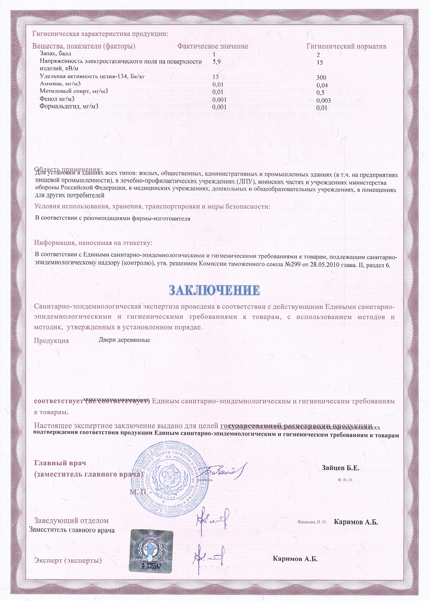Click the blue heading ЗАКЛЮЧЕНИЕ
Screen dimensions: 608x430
[214, 291]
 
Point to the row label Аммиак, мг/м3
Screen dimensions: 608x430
[60, 84]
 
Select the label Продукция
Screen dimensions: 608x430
[51, 341]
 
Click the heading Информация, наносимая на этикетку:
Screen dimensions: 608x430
[93, 243]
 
